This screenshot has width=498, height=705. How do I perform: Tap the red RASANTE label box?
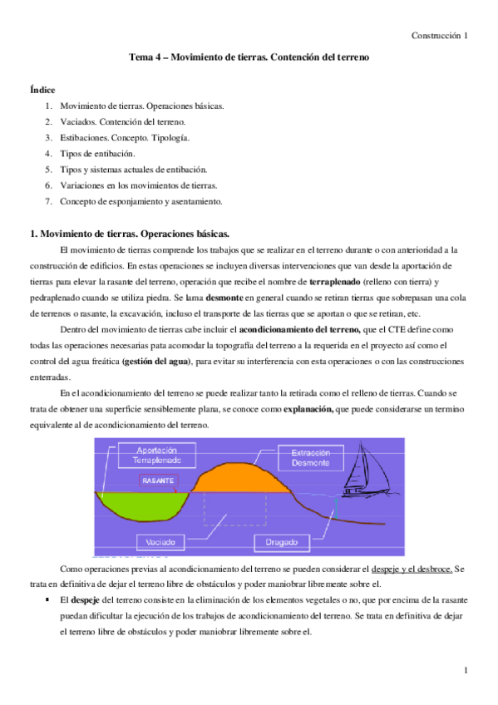coord(158,481)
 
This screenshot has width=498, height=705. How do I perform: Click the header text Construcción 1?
coord(441,36)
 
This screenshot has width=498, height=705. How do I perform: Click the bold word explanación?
coord(308,409)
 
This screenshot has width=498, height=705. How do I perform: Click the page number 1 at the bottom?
coord(467,670)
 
